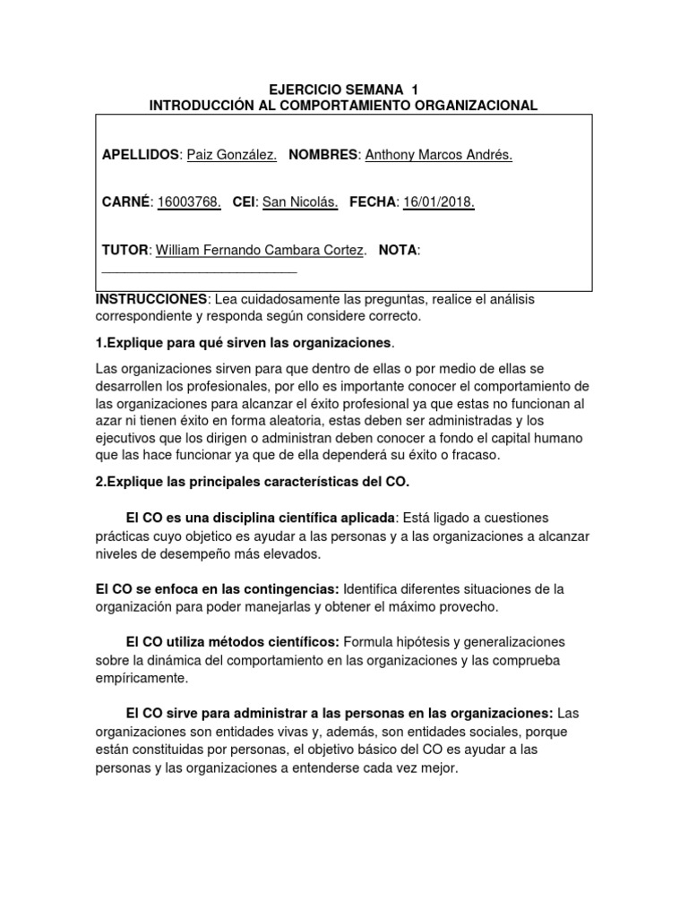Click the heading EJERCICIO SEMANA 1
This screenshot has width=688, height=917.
point(344,90)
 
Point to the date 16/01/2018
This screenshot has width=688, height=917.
point(439,202)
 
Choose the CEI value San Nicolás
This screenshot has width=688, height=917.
point(299,202)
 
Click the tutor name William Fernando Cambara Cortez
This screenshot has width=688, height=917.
point(261,251)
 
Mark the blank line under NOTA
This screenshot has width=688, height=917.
point(200,268)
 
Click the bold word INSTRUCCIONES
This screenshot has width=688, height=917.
point(151,299)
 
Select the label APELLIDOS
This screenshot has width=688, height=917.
point(142,155)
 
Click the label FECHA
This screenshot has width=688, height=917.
point(372,202)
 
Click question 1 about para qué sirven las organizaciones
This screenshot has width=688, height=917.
point(245,343)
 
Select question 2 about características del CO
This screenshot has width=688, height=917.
point(252,482)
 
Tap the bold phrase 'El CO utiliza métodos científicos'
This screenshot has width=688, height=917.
point(232,642)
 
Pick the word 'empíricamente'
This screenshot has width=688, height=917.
point(141,678)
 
